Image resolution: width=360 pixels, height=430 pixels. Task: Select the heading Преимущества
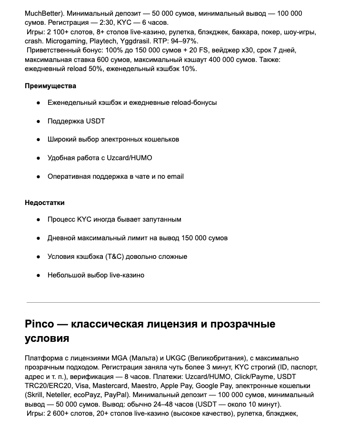pos(50,86)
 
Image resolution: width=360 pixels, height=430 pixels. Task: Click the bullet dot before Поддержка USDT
pos(38,121)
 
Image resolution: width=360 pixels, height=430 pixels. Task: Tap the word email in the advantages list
pos(175,176)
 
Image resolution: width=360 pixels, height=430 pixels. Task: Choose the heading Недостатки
pos(45,203)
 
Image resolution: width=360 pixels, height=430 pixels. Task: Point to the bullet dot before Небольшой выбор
pos(38,275)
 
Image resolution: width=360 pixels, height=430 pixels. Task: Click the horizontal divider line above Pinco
pos(173,302)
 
